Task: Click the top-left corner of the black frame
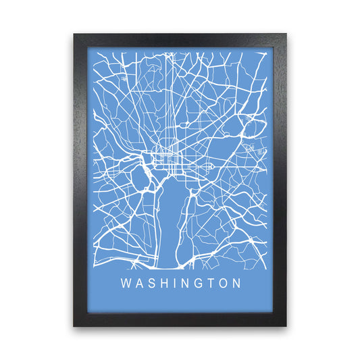(74, 34)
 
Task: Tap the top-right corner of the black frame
(286, 34)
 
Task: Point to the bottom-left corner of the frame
(74, 326)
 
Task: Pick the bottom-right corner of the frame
(286, 326)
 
